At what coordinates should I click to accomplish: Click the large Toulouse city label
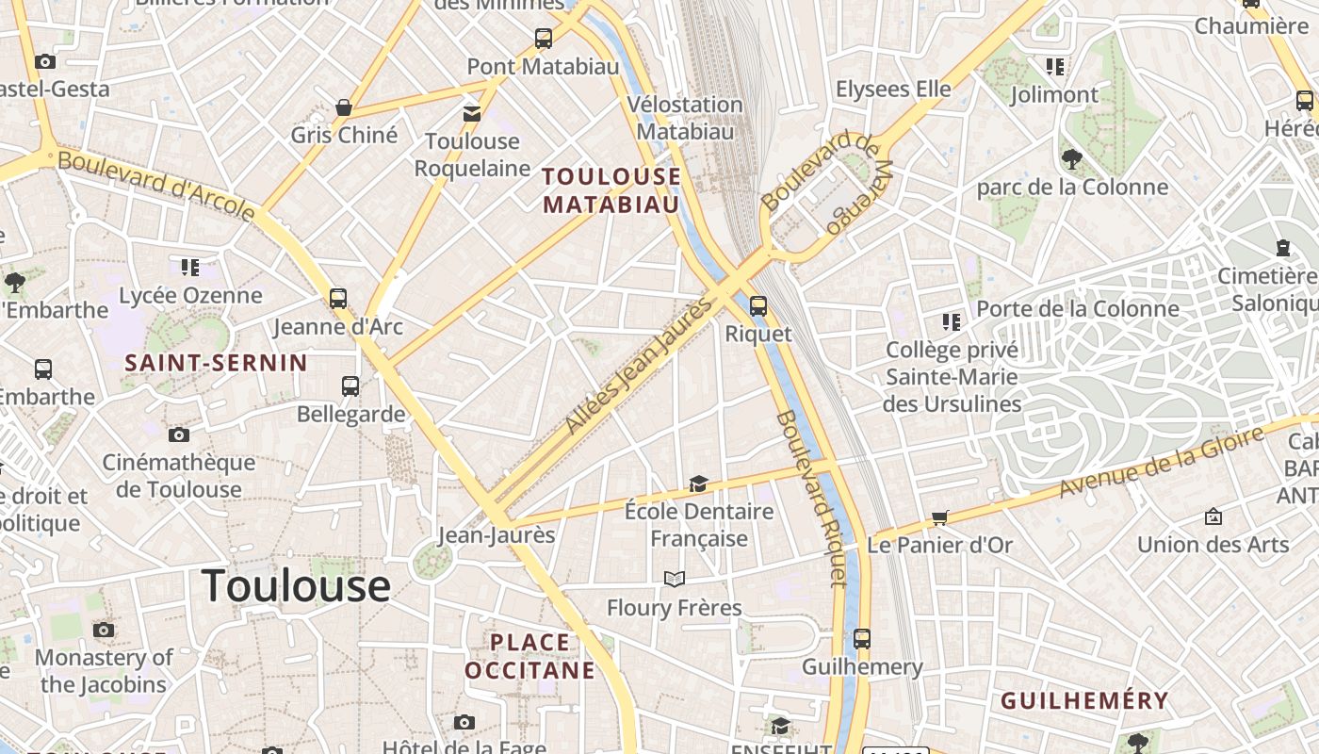click(296, 585)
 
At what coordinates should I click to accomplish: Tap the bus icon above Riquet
click(757, 306)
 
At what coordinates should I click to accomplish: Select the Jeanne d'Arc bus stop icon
click(338, 299)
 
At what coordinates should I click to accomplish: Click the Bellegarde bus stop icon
click(350, 385)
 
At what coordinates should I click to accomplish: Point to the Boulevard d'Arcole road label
click(156, 186)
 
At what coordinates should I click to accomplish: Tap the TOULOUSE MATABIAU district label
click(611, 190)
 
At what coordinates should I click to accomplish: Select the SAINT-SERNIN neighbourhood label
click(216, 363)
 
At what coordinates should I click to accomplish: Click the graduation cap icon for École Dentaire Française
click(698, 484)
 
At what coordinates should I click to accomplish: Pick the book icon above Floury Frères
click(675, 579)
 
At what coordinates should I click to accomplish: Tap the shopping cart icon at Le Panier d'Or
click(939, 517)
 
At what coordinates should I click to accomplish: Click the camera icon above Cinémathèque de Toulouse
click(179, 434)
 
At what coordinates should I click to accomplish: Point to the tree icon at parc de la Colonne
click(1071, 158)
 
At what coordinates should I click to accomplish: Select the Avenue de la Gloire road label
click(1161, 462)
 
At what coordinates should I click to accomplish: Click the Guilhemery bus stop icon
click(862, 639)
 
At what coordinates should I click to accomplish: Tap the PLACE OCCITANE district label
click(530, 656)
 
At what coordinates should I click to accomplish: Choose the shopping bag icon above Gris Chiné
click(344, 107)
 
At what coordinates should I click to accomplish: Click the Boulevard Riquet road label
click(811, 498)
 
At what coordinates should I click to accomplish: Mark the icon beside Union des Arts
click(1213, 516)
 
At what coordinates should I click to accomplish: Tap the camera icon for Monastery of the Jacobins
click(104, 630)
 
